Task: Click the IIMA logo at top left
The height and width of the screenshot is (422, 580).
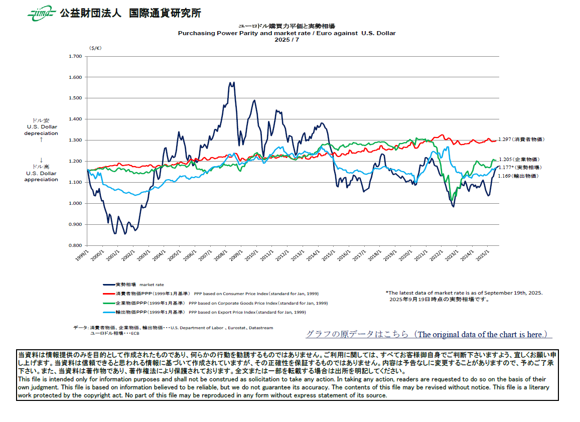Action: point(41,14)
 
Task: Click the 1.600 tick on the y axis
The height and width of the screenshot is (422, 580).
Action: point(75,77)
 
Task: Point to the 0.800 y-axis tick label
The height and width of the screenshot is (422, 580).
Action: point(75,245)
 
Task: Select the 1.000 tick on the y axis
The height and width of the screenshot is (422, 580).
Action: point(75,203)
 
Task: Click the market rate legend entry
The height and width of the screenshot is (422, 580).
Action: point(133,285)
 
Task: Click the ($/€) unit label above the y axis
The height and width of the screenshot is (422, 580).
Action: point(95,48)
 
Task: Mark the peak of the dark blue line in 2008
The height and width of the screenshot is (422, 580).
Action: point(232,83)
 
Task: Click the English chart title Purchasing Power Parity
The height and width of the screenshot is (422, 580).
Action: point(286,33)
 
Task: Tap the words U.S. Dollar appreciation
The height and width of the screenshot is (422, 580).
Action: point(41,177)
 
